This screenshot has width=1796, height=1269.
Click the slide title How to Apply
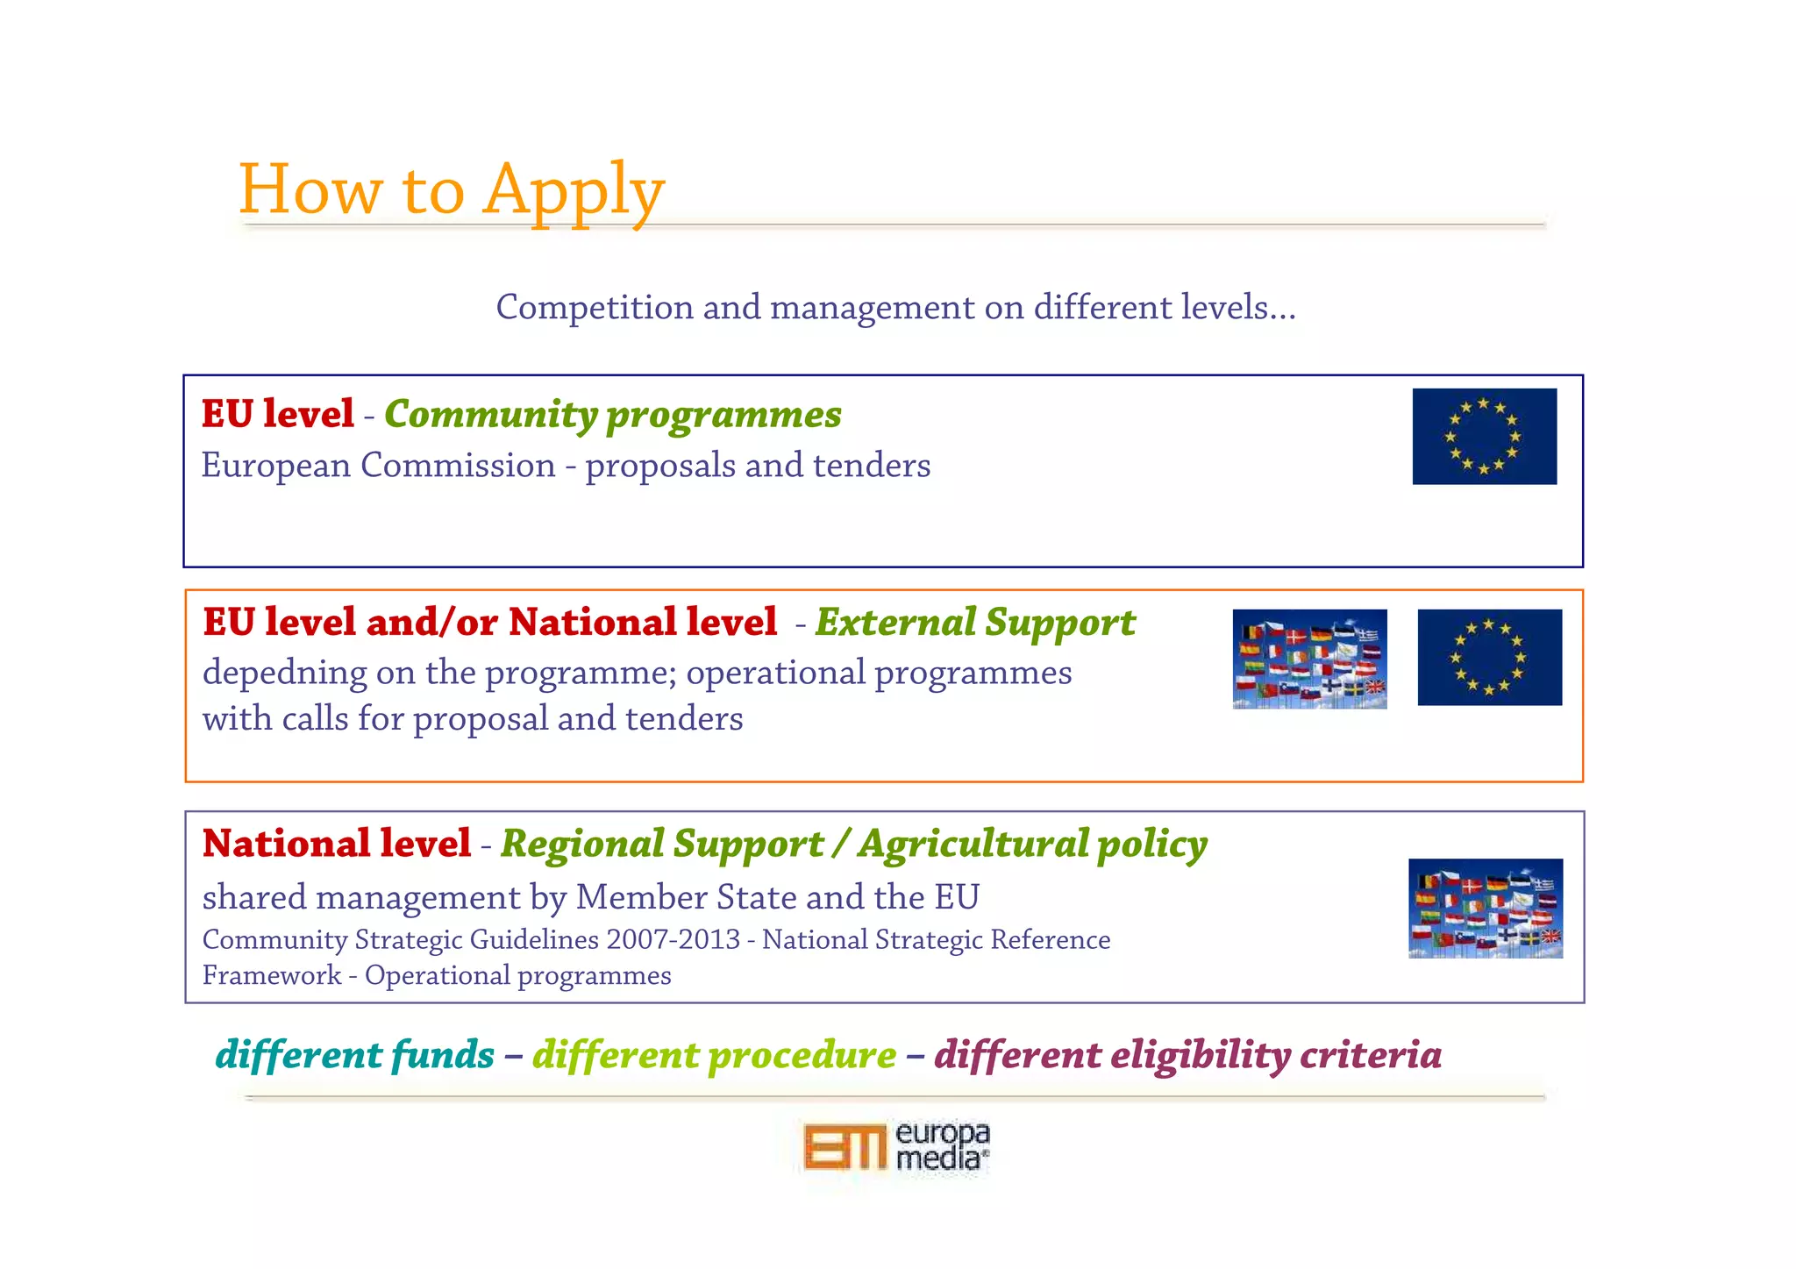click(451, 189)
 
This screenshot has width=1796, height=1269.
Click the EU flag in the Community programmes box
click(1484, 436)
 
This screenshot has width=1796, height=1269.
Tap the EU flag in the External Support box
click(1489, 657)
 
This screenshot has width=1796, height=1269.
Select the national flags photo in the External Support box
click(1309, 659)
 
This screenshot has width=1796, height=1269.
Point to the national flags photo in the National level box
click(1485, 908)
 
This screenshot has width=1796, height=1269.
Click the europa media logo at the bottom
click(896, 1146)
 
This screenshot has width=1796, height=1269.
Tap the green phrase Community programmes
click(612, 414)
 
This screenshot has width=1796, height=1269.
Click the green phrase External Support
click(975, 622)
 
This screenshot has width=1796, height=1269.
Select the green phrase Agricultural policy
click(1032, 844)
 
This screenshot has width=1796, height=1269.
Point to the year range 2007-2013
click(673, 939)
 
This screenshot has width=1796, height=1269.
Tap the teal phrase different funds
click(354, 1054)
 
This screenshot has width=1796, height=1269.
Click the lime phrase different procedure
click(714, 1054)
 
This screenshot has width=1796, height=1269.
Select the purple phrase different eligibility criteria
click(1187, 1054)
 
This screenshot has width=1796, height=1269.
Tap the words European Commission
click(378, 465)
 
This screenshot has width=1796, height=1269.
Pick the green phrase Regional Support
click(662, 844)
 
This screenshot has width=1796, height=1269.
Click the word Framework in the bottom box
click(271, 975)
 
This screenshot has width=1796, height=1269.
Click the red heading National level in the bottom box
click(337, 844)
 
